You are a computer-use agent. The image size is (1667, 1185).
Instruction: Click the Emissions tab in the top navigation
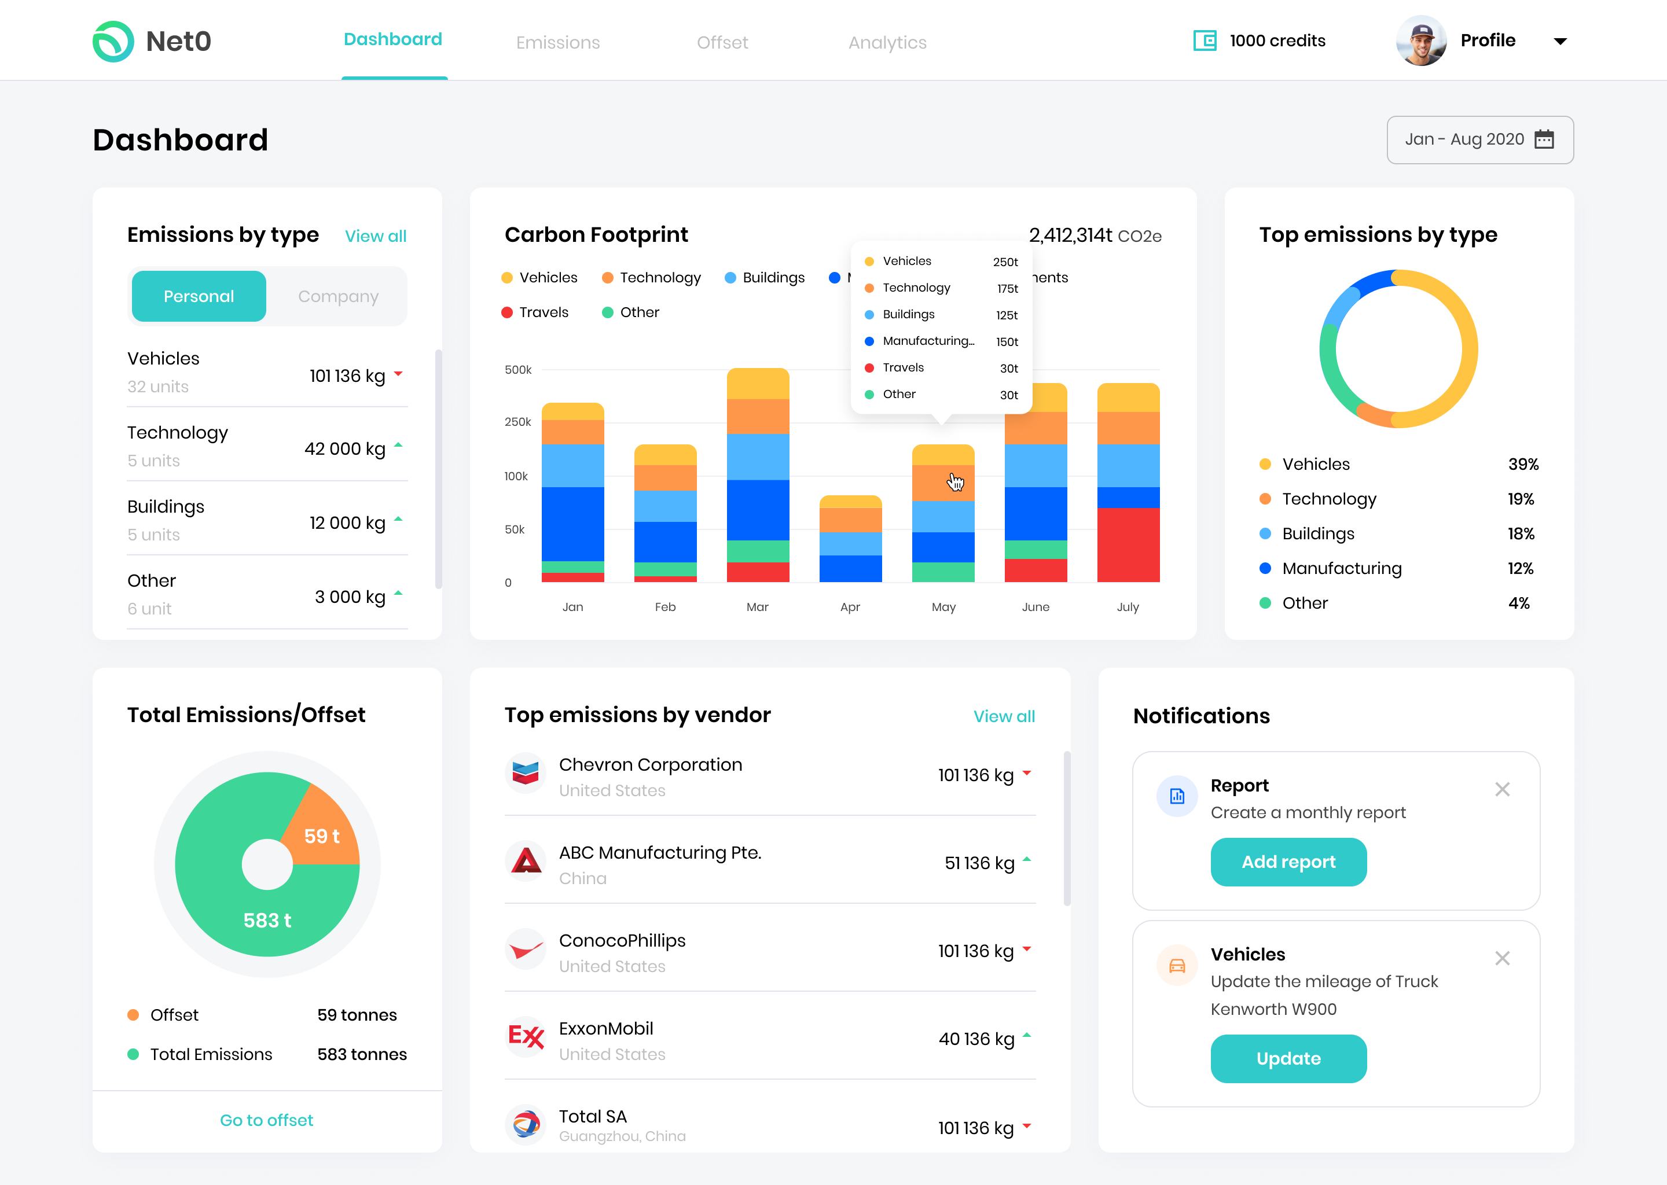pyautogui.click(x=557, y=42)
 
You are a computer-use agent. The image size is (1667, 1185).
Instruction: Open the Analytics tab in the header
pyautogui.click(x=887, y=42)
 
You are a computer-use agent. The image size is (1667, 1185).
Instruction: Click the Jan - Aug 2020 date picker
pyautogui.click(x=1479, y=139)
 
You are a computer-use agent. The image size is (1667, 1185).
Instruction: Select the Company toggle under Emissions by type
pyautogui.click(x=338, y=296)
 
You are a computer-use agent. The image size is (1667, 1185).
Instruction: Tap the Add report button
pyautogui.click(x=1288, y=862)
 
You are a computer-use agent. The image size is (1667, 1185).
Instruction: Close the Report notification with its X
pyautogui.click(x=1502, y=789)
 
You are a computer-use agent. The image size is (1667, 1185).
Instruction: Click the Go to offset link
pyautogui.click(x=266, y=1120)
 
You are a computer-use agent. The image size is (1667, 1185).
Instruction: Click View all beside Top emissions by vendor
pyautogui.click(x=1004, y=716)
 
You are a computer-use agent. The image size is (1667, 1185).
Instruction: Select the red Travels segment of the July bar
pyautogui.click(x=1128, y=544)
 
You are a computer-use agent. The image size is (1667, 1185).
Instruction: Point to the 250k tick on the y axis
pyautogui.click(x=517, y=422)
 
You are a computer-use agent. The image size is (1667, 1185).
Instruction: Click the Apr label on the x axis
pyautogui.click(x=850, y=607)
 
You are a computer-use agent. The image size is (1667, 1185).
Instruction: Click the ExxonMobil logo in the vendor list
pyautogui.click(x=526, y=1035)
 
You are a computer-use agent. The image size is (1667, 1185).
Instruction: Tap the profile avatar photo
pyautogui.click(x=1420, y=41)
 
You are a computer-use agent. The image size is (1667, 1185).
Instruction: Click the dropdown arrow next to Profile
pyautogui.click(x=1560, y=42)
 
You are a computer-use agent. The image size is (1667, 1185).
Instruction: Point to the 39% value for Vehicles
pyautogui.click(x=1522, y=464)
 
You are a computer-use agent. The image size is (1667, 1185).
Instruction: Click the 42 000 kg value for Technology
pyautogui.click(x=344, y=449)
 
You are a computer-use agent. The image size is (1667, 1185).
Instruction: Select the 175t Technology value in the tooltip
pyautogui.click(x=1007, y=288)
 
